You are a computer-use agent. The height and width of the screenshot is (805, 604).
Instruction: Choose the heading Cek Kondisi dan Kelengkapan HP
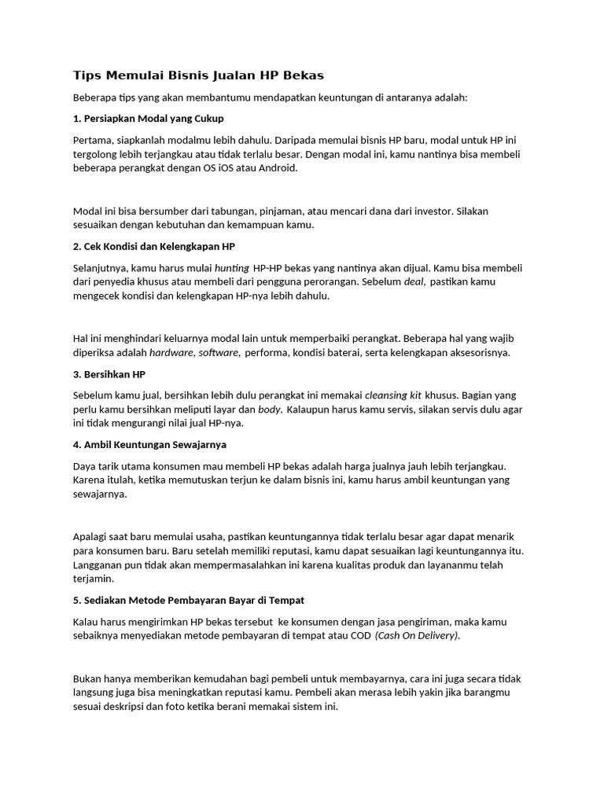coord(154,246)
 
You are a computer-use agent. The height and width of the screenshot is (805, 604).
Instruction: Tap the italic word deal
coord(414,281)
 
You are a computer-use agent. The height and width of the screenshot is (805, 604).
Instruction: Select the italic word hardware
coord(171,352)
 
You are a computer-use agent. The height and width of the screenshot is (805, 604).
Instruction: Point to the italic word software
coord(218,352)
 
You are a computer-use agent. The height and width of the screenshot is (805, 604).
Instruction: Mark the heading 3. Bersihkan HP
coord(109,373)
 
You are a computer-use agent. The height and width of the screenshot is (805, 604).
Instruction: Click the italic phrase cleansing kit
coord(393,395)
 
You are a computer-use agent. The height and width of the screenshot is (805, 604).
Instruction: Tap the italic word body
coord(270,409)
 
